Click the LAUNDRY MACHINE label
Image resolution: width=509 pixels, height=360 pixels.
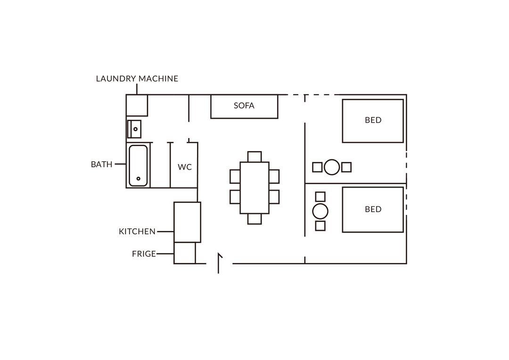point(137,79)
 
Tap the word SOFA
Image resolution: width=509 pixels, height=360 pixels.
point(244,106)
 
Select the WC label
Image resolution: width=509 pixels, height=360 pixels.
point(185,167)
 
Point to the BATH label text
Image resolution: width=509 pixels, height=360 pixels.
point(102,164)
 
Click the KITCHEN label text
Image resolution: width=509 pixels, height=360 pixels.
point(137,231)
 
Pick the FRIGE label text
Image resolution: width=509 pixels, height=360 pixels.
point(144,254)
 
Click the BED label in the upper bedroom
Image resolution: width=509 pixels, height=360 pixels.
point(373,120)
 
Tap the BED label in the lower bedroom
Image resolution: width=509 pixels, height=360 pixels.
point(373,209)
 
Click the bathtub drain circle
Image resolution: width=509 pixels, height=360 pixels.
point(138,179)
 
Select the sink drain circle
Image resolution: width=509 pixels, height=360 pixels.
point(136,129)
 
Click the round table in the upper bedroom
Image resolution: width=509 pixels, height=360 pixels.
point(332,167)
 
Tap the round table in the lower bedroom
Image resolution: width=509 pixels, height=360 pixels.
point(320,211)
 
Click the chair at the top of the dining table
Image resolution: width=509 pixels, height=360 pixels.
point(254,156)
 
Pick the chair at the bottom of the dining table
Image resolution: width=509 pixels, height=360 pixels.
point(254,219)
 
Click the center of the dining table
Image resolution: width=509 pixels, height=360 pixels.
point(254,188)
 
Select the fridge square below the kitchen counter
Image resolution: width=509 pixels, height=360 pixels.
point(185,253)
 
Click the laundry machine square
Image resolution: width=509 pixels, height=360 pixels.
point(137,105)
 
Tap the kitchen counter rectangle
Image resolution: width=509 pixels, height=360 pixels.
point(187,222)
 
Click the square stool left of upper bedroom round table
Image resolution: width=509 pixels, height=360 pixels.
point(317,167)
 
